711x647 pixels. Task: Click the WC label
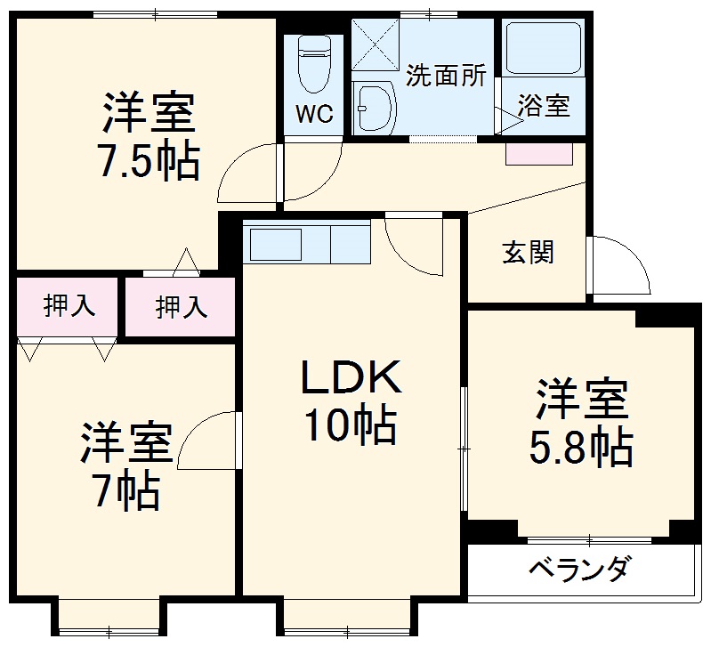(313, 115)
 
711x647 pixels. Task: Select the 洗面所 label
(446, 76)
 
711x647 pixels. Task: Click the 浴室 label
(545, 106)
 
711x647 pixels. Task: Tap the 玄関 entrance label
(527, 253)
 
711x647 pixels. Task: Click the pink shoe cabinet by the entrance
(537, 153)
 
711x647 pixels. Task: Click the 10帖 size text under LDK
(351, 426)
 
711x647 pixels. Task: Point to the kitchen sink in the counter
(276, 241)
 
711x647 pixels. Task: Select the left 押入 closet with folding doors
(68, 307)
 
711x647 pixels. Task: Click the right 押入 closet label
(182, 307)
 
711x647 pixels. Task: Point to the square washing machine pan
(377, 44)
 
